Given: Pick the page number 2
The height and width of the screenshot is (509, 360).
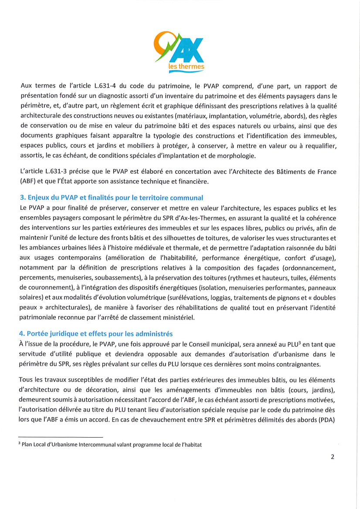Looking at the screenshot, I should [x=333, y=457].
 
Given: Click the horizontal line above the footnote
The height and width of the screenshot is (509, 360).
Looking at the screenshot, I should [x=61, y=437].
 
